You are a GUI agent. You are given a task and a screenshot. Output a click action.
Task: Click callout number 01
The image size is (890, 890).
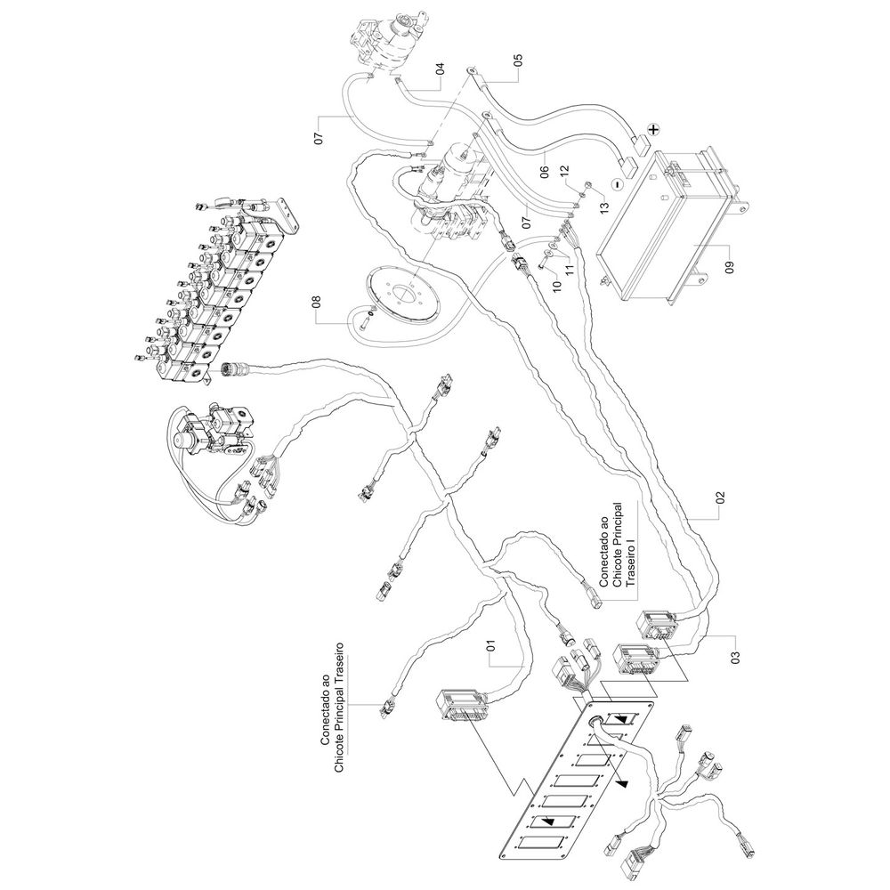(490, 645)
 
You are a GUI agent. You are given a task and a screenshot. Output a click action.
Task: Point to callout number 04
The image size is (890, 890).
(440, 69)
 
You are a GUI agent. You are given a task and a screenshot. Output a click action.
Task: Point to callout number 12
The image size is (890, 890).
(563, 171)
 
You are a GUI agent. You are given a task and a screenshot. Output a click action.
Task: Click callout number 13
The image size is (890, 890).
(605, 208)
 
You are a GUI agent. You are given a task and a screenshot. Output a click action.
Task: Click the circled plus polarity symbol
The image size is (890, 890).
(654, 129)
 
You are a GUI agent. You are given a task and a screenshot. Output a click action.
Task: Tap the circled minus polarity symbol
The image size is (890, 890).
(615, 187)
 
